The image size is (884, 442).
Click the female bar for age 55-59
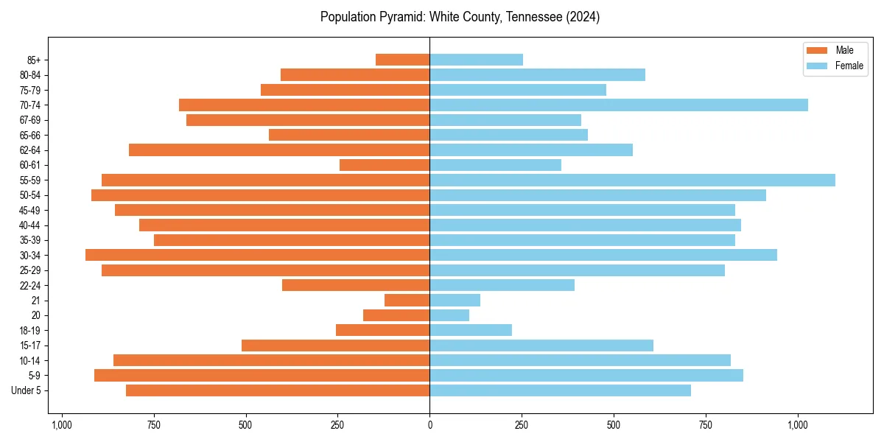(x=632, y=180)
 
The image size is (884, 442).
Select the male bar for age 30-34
(x=258, y=255)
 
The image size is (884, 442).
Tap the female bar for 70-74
(x=619, y=105)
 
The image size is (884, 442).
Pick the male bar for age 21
(x=407, y=301)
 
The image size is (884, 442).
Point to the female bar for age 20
(x=449, y=315)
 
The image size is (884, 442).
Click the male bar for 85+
(x=403, y=60)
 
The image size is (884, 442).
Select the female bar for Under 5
(x=560, y=390)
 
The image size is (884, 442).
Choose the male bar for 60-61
(x=385, y=165)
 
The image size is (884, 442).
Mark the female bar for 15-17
(x=541, y=345)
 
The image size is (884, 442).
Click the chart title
(x=460, y=17)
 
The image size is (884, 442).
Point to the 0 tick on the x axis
(x=429, y=425)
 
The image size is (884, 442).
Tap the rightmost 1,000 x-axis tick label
(x=798, y=425)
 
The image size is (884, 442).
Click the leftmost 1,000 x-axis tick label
(x=61, y=425)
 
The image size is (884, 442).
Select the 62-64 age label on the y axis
(x=30, y=150)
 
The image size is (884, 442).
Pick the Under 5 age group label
(x=27, y=390)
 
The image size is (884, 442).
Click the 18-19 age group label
(x=30, y=331)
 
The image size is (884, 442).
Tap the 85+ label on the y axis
(x=34, y=60)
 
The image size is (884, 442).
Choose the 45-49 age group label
(x=30, y=210)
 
